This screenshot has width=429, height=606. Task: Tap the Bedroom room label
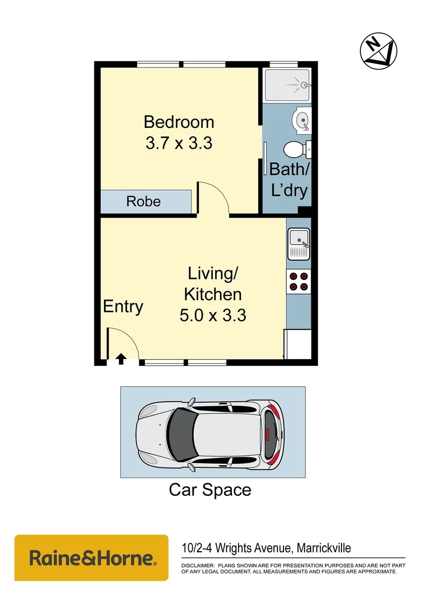[x=179, y=122]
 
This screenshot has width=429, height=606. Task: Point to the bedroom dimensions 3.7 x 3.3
[x=179, y=143]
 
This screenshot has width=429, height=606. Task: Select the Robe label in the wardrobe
[x=144, y=201]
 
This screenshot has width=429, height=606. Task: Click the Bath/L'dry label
[x=289, y=180]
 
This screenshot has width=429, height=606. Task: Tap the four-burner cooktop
[x=299, y=281]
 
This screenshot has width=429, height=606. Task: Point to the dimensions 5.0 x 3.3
[x=213, y=315]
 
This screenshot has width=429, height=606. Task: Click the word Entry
[x=123, y=307]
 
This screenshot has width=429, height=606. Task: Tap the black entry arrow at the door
[x=121, y=357]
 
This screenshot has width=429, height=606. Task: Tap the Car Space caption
[x=210, y=490]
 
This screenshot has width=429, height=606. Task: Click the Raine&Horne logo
[x=91, y=558]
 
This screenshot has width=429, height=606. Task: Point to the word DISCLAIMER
[x=197, y=565]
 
